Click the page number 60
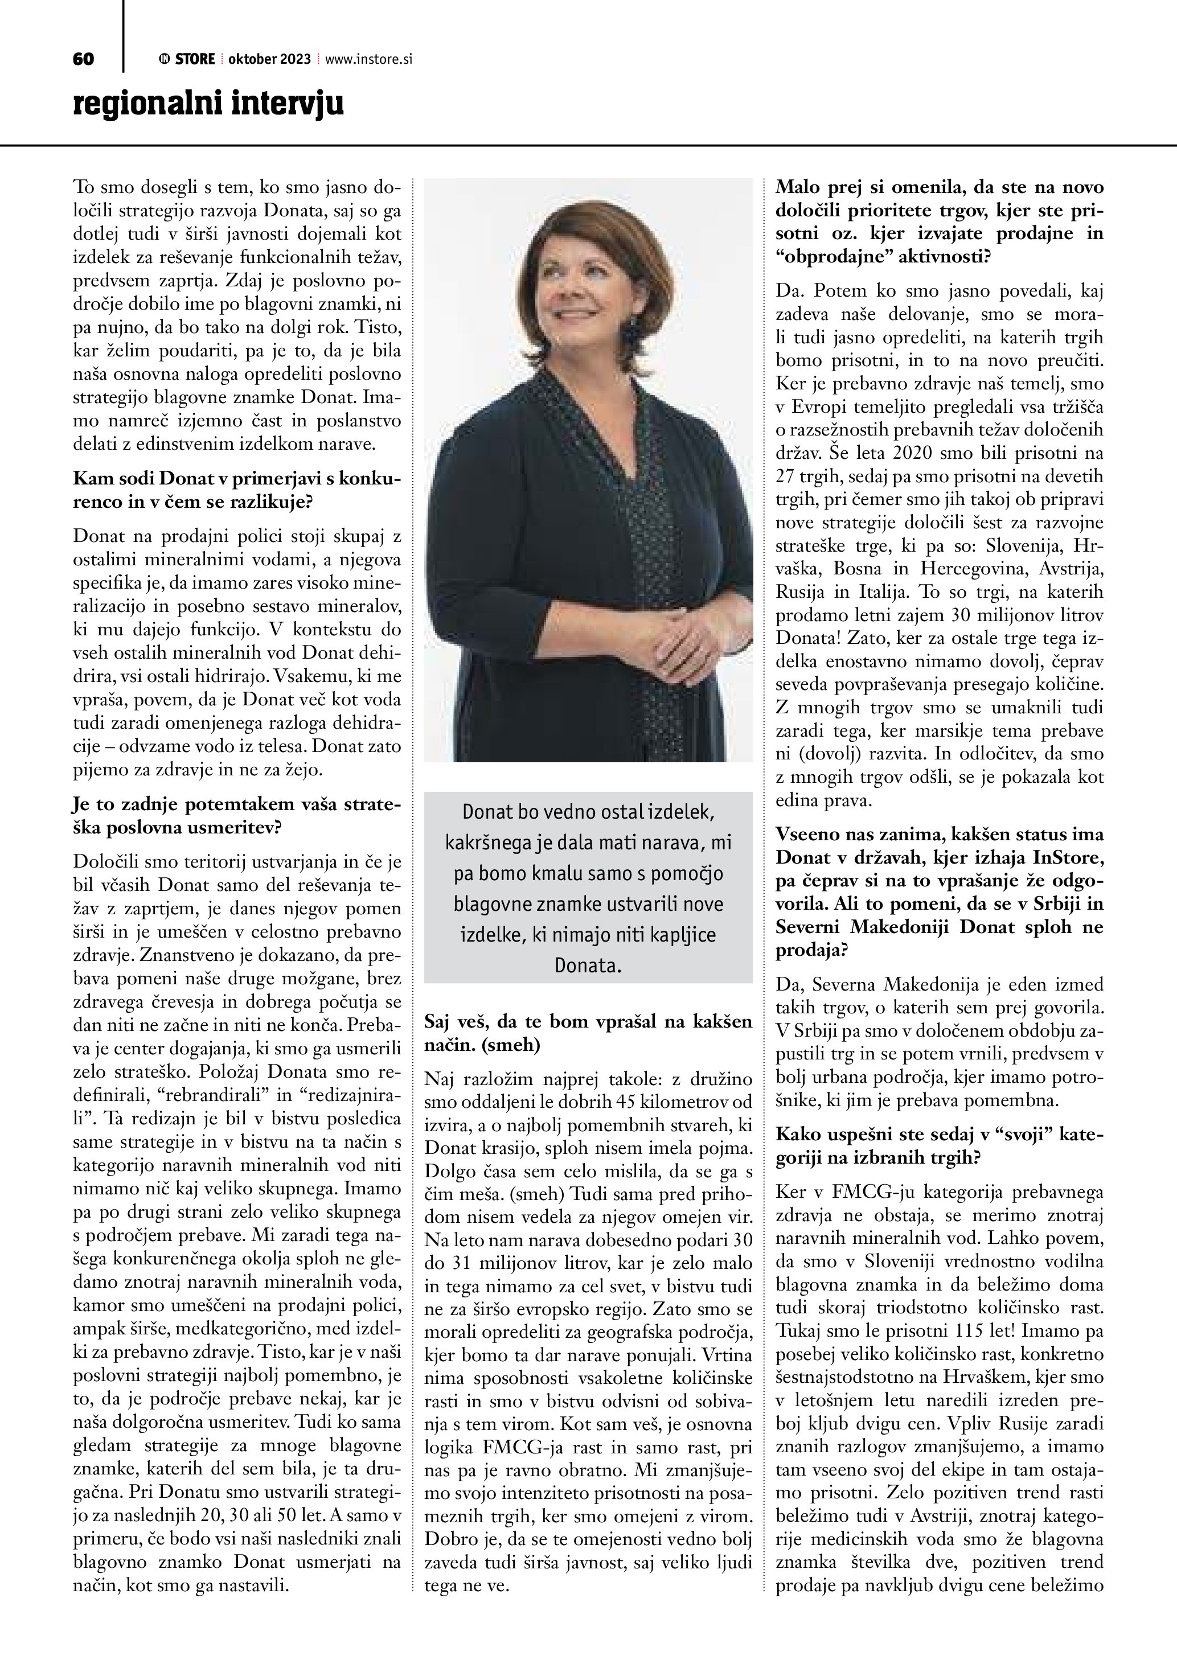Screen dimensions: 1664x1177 [x=83, y=59]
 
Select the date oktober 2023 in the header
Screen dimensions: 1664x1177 [x=269, y=59]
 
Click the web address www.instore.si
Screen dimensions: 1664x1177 [x=369, y=59]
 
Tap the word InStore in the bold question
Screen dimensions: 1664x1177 [x=1065, y=858]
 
